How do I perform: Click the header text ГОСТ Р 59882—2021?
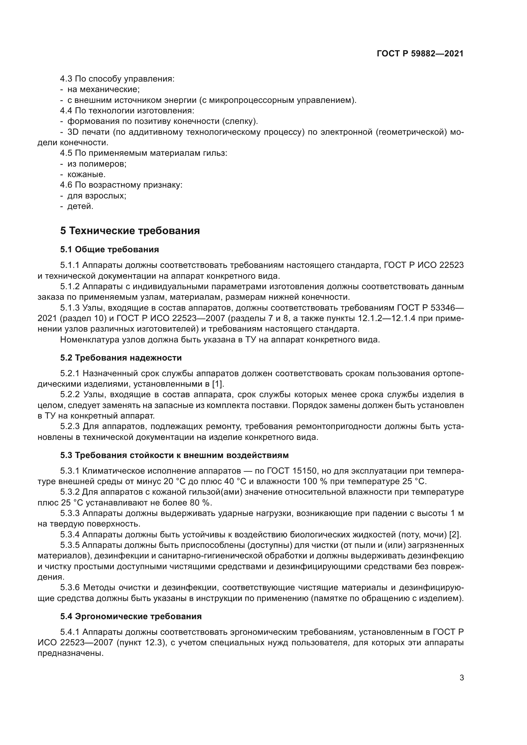click(x=420, y=54)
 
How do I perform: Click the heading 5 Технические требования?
click(x=130, y=231)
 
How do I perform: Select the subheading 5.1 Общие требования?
click(x=109, y=249)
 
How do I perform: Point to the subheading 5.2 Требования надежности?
click(x=121, y=358)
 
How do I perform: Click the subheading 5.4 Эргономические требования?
click(x=131, y=617)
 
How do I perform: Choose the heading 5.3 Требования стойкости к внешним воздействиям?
click(x=174, y=455)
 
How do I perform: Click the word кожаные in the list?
click(x=86, y=175)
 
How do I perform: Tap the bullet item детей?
click(x=80, y=206)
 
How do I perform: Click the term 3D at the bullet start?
click(x=73, y=132)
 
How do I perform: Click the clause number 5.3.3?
click(x=70, y=513)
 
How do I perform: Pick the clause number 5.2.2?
click(x=70, y=395)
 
